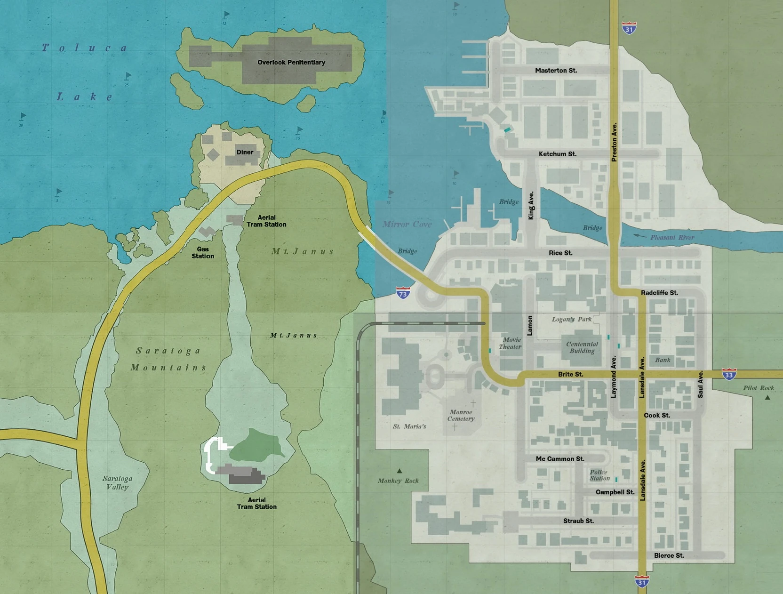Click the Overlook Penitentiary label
click(291, 62)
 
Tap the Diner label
click(245, 152)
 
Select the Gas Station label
click(203, 253)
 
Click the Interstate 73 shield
click(403, 294)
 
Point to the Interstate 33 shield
click(729, 375)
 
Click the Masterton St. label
click(556, 71)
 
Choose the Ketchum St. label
click(557, 154)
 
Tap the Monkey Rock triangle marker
click(399, 471)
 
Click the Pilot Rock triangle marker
click(767, 398)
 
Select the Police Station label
click(599, 475)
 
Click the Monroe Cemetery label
click(461, 415)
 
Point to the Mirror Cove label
click(407, 224)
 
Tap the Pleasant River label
click(672, 237)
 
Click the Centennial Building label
click(582, 347)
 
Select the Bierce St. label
click(669, 555)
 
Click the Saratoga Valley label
click(117, 482)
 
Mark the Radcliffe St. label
click(659, 293)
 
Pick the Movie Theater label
click(511, 343)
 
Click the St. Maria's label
click(409, 426)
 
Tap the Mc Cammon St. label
click(560, 458)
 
